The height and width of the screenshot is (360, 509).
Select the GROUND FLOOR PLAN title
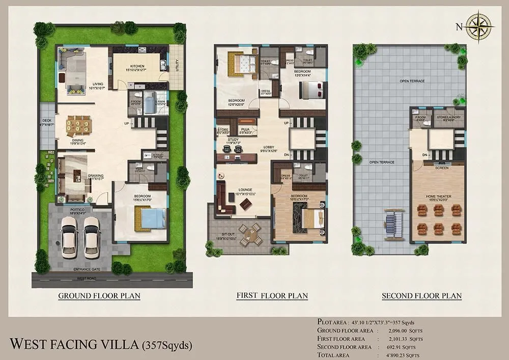[99, 296]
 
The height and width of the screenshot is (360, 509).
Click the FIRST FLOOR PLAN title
[272, 296]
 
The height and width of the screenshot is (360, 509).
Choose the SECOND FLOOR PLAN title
[421, 296]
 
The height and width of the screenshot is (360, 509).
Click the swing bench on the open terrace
[394, 223]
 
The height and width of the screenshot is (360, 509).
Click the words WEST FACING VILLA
[74, 344]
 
